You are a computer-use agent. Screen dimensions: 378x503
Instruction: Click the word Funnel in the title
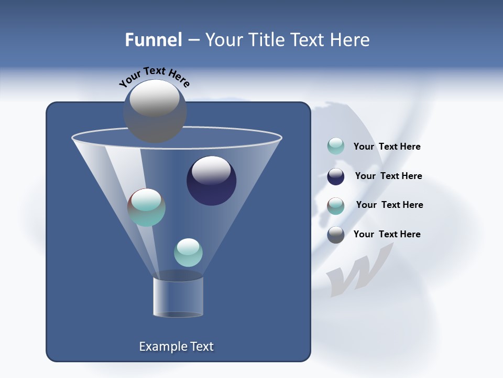(153, 40)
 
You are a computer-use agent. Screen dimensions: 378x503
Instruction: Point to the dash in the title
(193, 40)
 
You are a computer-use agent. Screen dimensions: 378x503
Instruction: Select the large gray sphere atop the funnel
(155, 111)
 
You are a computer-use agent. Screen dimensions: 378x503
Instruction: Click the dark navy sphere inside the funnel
(211, 181)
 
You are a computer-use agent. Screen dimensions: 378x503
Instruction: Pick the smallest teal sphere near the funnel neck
(188, 253)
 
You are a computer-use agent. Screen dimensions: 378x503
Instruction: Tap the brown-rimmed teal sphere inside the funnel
(146, 207)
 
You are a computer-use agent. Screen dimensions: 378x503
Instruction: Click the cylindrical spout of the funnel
(178, 297)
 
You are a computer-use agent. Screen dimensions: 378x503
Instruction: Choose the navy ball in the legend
(336, 176)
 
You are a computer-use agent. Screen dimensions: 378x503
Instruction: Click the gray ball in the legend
(336, 235)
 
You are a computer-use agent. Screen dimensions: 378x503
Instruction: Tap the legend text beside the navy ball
(388, 176)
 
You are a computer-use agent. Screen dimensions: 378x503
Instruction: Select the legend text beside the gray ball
(387, 234)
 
